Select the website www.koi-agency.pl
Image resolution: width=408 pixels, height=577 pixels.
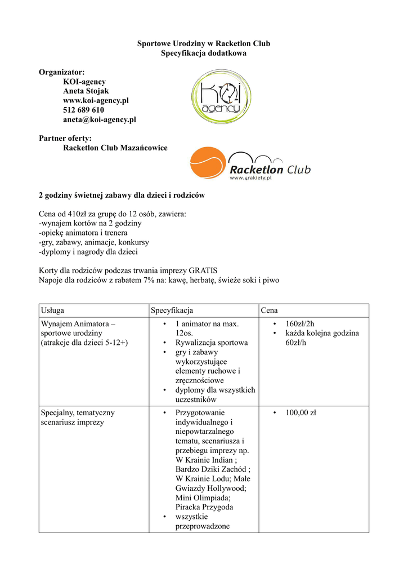click(x=96, y=100)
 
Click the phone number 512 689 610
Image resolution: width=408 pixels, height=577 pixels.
click(x=83, y=110)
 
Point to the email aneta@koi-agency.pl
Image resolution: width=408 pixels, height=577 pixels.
click(x=99, y=119)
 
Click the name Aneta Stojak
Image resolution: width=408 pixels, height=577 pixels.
click(x=86, y=91)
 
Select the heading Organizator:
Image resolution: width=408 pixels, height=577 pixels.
click(x=61, y=72)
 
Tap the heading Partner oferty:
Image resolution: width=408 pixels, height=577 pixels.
click(x=65, y=138)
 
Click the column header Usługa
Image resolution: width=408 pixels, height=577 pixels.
click(x=52, y=310)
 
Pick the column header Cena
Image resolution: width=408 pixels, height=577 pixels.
click(x=269, y=310)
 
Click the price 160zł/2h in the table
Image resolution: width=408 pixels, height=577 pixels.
click(x=300, y=323)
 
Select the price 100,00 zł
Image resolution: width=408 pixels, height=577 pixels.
click(x=301, y=412)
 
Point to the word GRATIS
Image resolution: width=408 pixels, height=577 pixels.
click(x=203, y=270)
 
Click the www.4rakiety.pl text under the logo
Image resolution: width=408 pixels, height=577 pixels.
click(x=251, y=177)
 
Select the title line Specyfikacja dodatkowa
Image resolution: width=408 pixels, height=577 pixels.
click(x=204, y=53)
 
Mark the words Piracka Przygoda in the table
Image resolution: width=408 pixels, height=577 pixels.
click(x=204, y=507)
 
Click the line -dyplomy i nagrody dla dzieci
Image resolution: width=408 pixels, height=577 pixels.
click(x=88, y=252)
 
